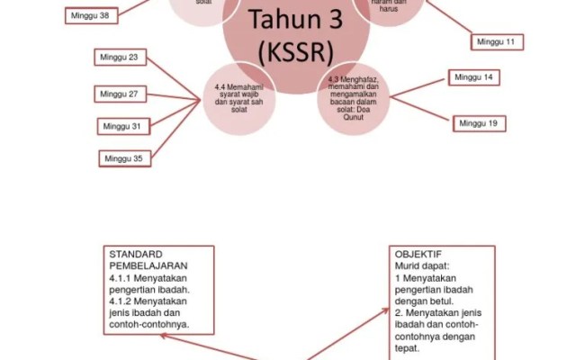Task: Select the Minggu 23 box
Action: pyautogui.click(x=121, y=58)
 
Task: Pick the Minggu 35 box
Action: pyautogui.click(x=124, y=158)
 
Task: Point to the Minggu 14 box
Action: pyautogui.click(x=474, y=77)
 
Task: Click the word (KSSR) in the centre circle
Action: pyautogui.click(x=296, y=51)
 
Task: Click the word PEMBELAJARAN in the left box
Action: pyautogui.click(x=147, y=266)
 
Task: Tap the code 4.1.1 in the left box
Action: pyautogui.click(x=120, y=278)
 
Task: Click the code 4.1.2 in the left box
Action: pyautogui.click(x=120, y=301)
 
